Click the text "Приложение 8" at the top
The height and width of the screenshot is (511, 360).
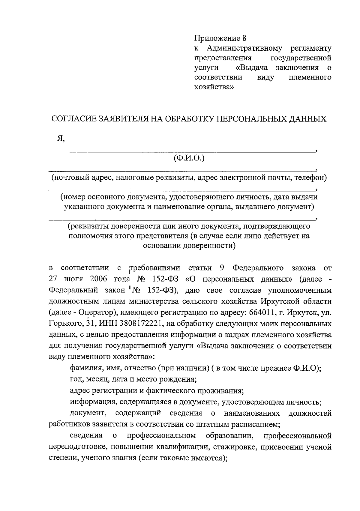click(x=220, y=38)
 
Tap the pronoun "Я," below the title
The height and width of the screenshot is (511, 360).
click(x=61, y=138)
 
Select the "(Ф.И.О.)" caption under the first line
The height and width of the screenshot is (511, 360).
click(x=189, y=158)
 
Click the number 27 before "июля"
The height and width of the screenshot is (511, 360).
click(x=53, y=279)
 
